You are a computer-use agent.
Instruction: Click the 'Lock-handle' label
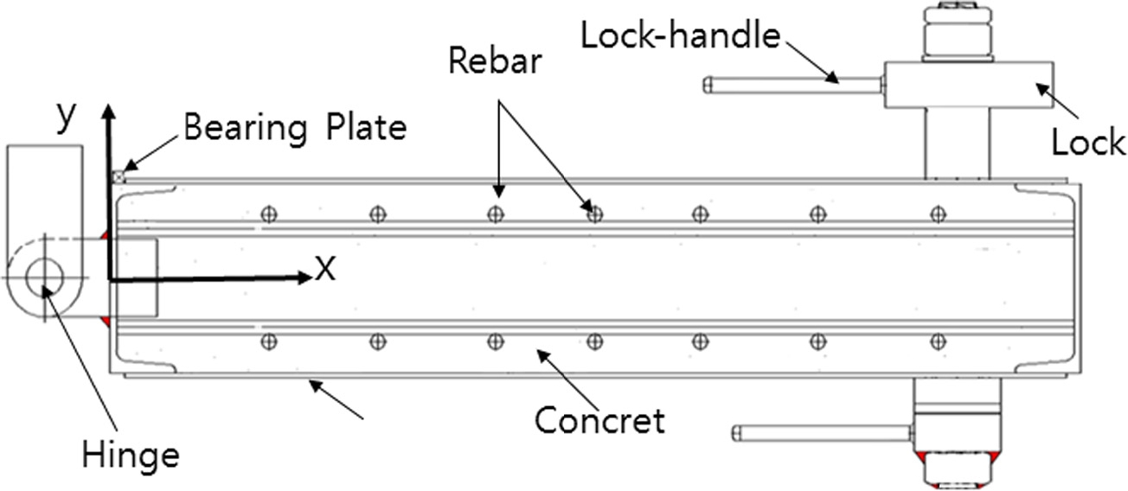pos(680,36)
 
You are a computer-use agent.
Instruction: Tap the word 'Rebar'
pos(495,62)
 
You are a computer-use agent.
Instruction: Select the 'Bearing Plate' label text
pos(294,128)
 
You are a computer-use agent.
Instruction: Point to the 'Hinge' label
pos(131,453)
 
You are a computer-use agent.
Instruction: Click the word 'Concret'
pos(599,420)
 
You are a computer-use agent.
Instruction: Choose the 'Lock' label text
pos(1088,143)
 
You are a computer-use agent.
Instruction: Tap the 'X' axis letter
pos(324,270)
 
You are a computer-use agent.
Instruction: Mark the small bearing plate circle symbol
pos(119,177)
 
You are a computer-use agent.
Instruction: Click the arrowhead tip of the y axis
pos(108,107)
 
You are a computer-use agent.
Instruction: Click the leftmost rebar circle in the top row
pos(269,214)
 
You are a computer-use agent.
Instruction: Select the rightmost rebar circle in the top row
pos(936,214)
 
